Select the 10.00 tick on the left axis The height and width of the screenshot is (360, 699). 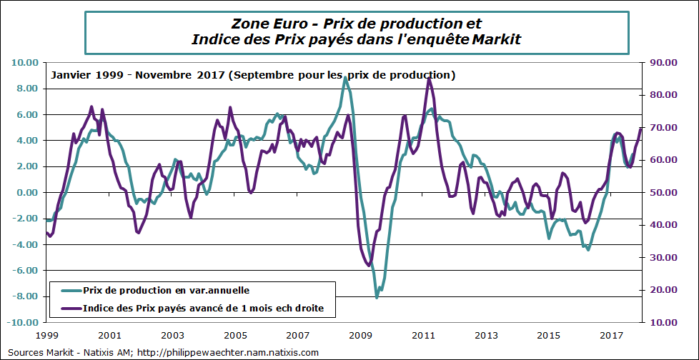[x=24, y=63]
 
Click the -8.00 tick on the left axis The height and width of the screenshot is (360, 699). [x=24, y=296]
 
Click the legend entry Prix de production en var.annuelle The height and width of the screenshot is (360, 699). [x=166, y=290]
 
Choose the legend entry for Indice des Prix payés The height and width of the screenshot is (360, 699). [x=204, y=309]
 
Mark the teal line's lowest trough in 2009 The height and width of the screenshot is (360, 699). [x=377, y=296]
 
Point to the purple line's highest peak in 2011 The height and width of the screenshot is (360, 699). [x=428, y=79]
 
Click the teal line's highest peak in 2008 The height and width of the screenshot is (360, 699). [x=345, y=78]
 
